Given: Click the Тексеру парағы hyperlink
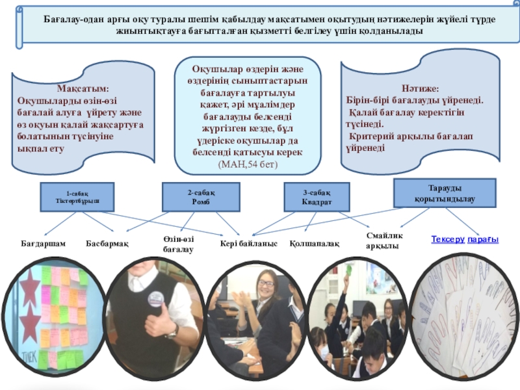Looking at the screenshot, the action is click(x=464, y=239).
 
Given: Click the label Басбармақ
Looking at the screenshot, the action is click(x=108, y=243).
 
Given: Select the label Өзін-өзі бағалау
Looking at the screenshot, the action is click(x=177, y=244).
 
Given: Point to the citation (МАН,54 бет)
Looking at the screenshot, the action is click(x=248, y=165).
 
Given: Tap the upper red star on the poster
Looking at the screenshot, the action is click(x=30, y=283).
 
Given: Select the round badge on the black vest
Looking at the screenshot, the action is click(x=155, y=299).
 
